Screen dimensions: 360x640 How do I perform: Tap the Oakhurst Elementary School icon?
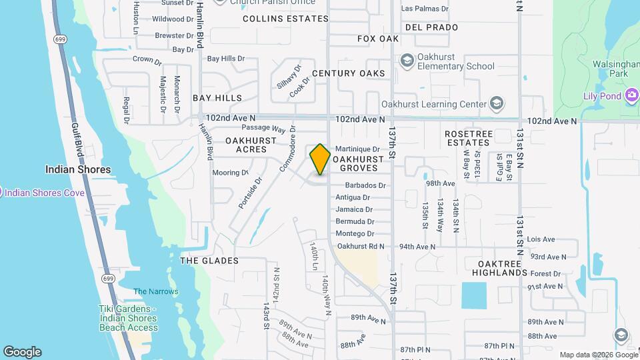(407, 61)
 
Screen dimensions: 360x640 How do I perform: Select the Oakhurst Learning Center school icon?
(496, 103)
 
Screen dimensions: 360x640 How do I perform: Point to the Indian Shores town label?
(78, 169)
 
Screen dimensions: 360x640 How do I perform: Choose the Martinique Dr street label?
(357, 149)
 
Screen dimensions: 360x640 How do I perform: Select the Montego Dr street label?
(355, 234)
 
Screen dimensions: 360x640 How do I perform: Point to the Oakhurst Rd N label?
(361, 246)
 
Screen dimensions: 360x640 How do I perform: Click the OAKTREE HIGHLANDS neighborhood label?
(499, 268)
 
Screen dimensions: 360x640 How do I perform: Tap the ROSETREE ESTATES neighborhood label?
(469, 138)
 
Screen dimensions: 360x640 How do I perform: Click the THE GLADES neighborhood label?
(209, 261)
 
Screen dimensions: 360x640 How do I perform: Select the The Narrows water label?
(156, 291)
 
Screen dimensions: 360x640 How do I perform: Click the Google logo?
(22, 352)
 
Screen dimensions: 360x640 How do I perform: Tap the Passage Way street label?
(263, 128)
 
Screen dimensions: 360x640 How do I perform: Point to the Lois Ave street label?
(541, 239)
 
